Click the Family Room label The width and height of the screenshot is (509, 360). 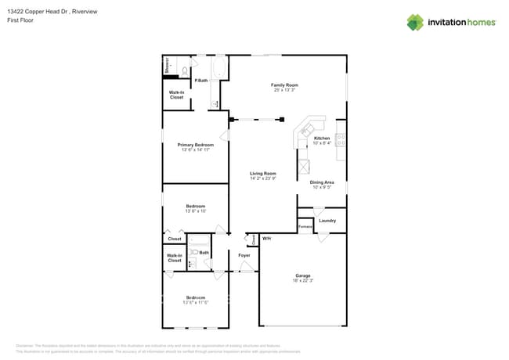tap(285, 85)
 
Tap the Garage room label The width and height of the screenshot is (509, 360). tap(303, 275)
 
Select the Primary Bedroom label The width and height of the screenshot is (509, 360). tap(195, 145)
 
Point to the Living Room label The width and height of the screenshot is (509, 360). tap(263, 173)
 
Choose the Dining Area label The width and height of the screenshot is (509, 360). tap(322, 182)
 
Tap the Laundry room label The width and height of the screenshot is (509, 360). tap(327, 221)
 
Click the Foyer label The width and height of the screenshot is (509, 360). tap(244, 255)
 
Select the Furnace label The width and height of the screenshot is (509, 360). tap(305, 227)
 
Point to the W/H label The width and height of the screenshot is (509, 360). tap(266, 238)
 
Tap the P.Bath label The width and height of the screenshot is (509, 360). tap(201, 81)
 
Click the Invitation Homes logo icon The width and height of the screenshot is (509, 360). tap(415, 22)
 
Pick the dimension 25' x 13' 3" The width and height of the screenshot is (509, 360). tap(285, 90)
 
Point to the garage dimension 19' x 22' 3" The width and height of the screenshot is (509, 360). tap(303, 281)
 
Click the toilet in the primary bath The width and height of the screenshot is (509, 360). tap(185, 71)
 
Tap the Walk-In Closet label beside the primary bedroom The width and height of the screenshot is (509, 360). tap(176, 95)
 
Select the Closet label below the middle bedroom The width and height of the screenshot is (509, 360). tap(175, 239)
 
